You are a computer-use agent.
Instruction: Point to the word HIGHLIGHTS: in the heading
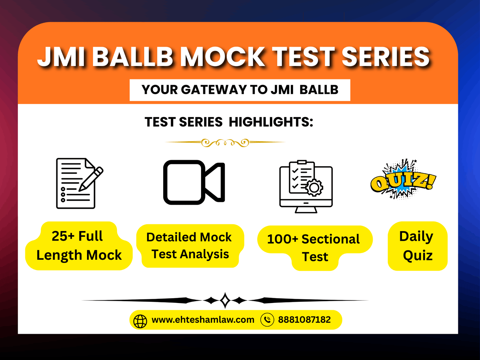[x=271, y=122]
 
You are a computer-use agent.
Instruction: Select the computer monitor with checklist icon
[x=306, y=187]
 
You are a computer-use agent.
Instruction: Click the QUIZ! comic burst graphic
[x=403, y=180]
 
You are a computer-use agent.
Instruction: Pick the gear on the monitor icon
[x=314, y=187]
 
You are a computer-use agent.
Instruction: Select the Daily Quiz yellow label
[x=417, y=246]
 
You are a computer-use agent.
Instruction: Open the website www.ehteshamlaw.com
[x=203, y=320]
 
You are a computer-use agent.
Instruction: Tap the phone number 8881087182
[x=304, y=320]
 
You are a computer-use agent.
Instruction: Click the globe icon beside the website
[x=140, y=321]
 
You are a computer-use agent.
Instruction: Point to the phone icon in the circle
[x=267, y=319]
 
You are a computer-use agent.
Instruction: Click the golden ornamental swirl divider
[x=225, y=142]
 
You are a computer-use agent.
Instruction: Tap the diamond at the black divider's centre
[x=225, y=300]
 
